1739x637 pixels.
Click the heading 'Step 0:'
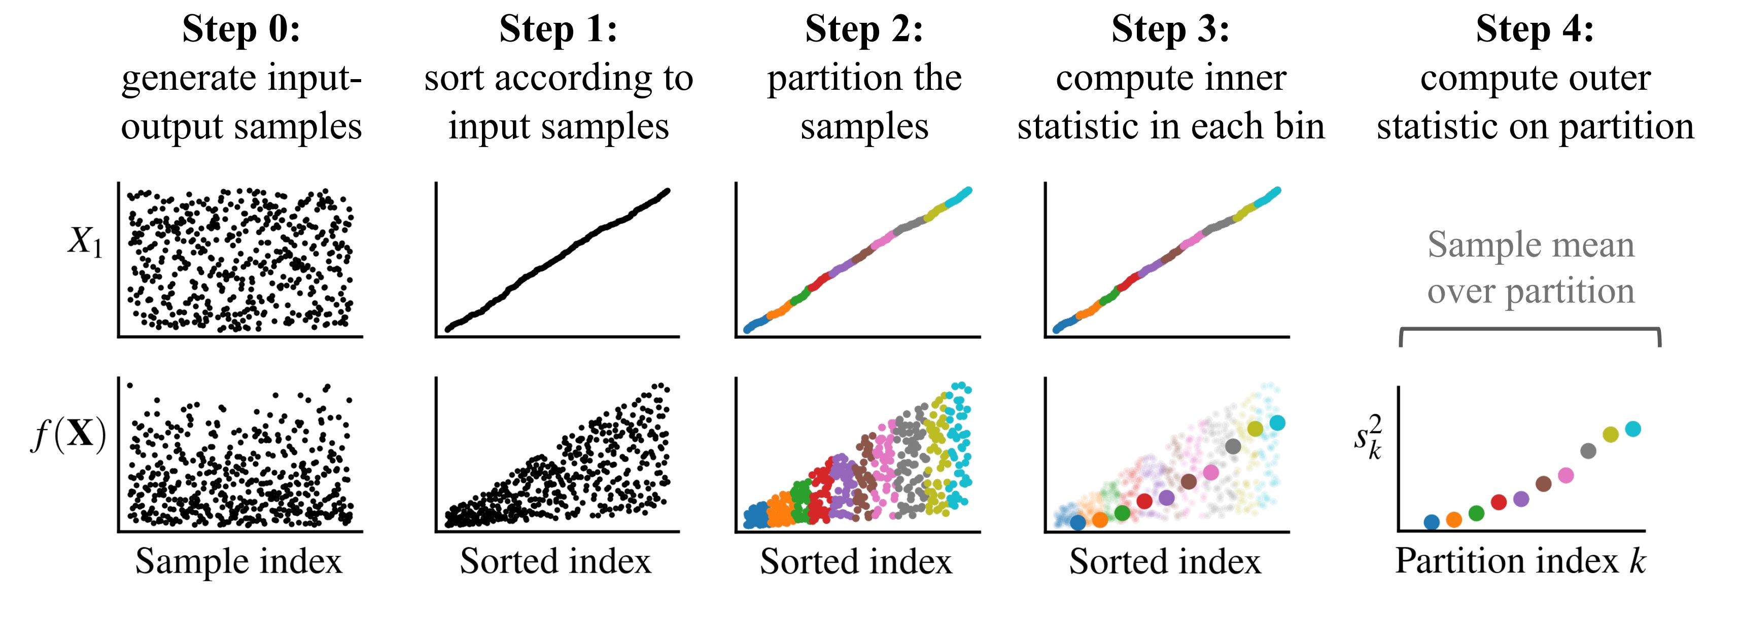pos(241,30)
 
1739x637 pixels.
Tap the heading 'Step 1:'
pos(559,30)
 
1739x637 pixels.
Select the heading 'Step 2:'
pos(864,30)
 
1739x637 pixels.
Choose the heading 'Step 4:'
pos(1535,30)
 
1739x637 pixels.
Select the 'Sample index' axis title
pos(239,561)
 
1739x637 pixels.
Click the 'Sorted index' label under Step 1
pos(555,561)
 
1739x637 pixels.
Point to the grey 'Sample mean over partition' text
pos(1531,267)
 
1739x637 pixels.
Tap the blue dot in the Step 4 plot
pos(1431,521)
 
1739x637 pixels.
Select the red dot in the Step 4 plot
pos(1499,502)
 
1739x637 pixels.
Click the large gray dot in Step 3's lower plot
pos(1233,446)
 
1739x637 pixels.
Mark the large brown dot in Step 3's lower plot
pos(1189,482)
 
